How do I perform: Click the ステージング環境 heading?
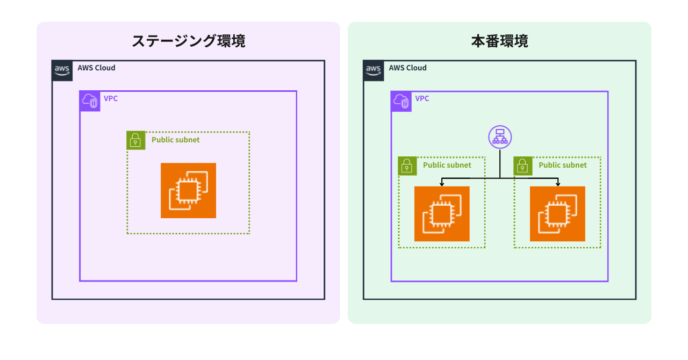[188, 41]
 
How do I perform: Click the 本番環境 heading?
[499, 41]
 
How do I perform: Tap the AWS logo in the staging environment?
[62, 70]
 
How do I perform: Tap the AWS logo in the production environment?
[374, 70]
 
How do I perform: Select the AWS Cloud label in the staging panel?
[96, 68]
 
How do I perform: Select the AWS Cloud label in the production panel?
[407, 68]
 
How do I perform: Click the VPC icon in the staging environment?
[90, 101]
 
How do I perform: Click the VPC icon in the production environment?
[401, 101]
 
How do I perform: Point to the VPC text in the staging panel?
[111, 99]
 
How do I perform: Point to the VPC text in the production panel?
[422, 99]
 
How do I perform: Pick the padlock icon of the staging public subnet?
[136, 140]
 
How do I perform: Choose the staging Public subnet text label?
[175, 140]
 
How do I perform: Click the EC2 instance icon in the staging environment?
[188, 190]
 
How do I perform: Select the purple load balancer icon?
[500, 137]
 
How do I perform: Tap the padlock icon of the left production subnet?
[407, 166]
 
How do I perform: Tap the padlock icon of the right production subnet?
[523, 166]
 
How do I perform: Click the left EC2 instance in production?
[442, 214]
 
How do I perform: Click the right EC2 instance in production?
[557, 214]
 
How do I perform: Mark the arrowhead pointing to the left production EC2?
[442, 184]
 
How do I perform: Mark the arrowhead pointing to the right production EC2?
[557, 184]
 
